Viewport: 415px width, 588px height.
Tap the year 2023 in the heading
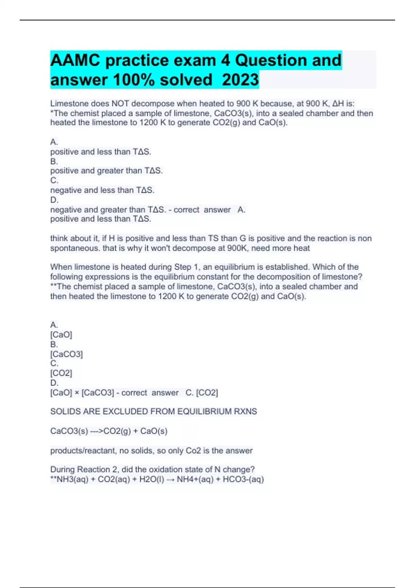pos(240,80)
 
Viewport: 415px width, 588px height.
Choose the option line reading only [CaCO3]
pos(66,354)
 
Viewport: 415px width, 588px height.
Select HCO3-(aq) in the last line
pos(243,479)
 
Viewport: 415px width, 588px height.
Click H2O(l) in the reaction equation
pos(152,479)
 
